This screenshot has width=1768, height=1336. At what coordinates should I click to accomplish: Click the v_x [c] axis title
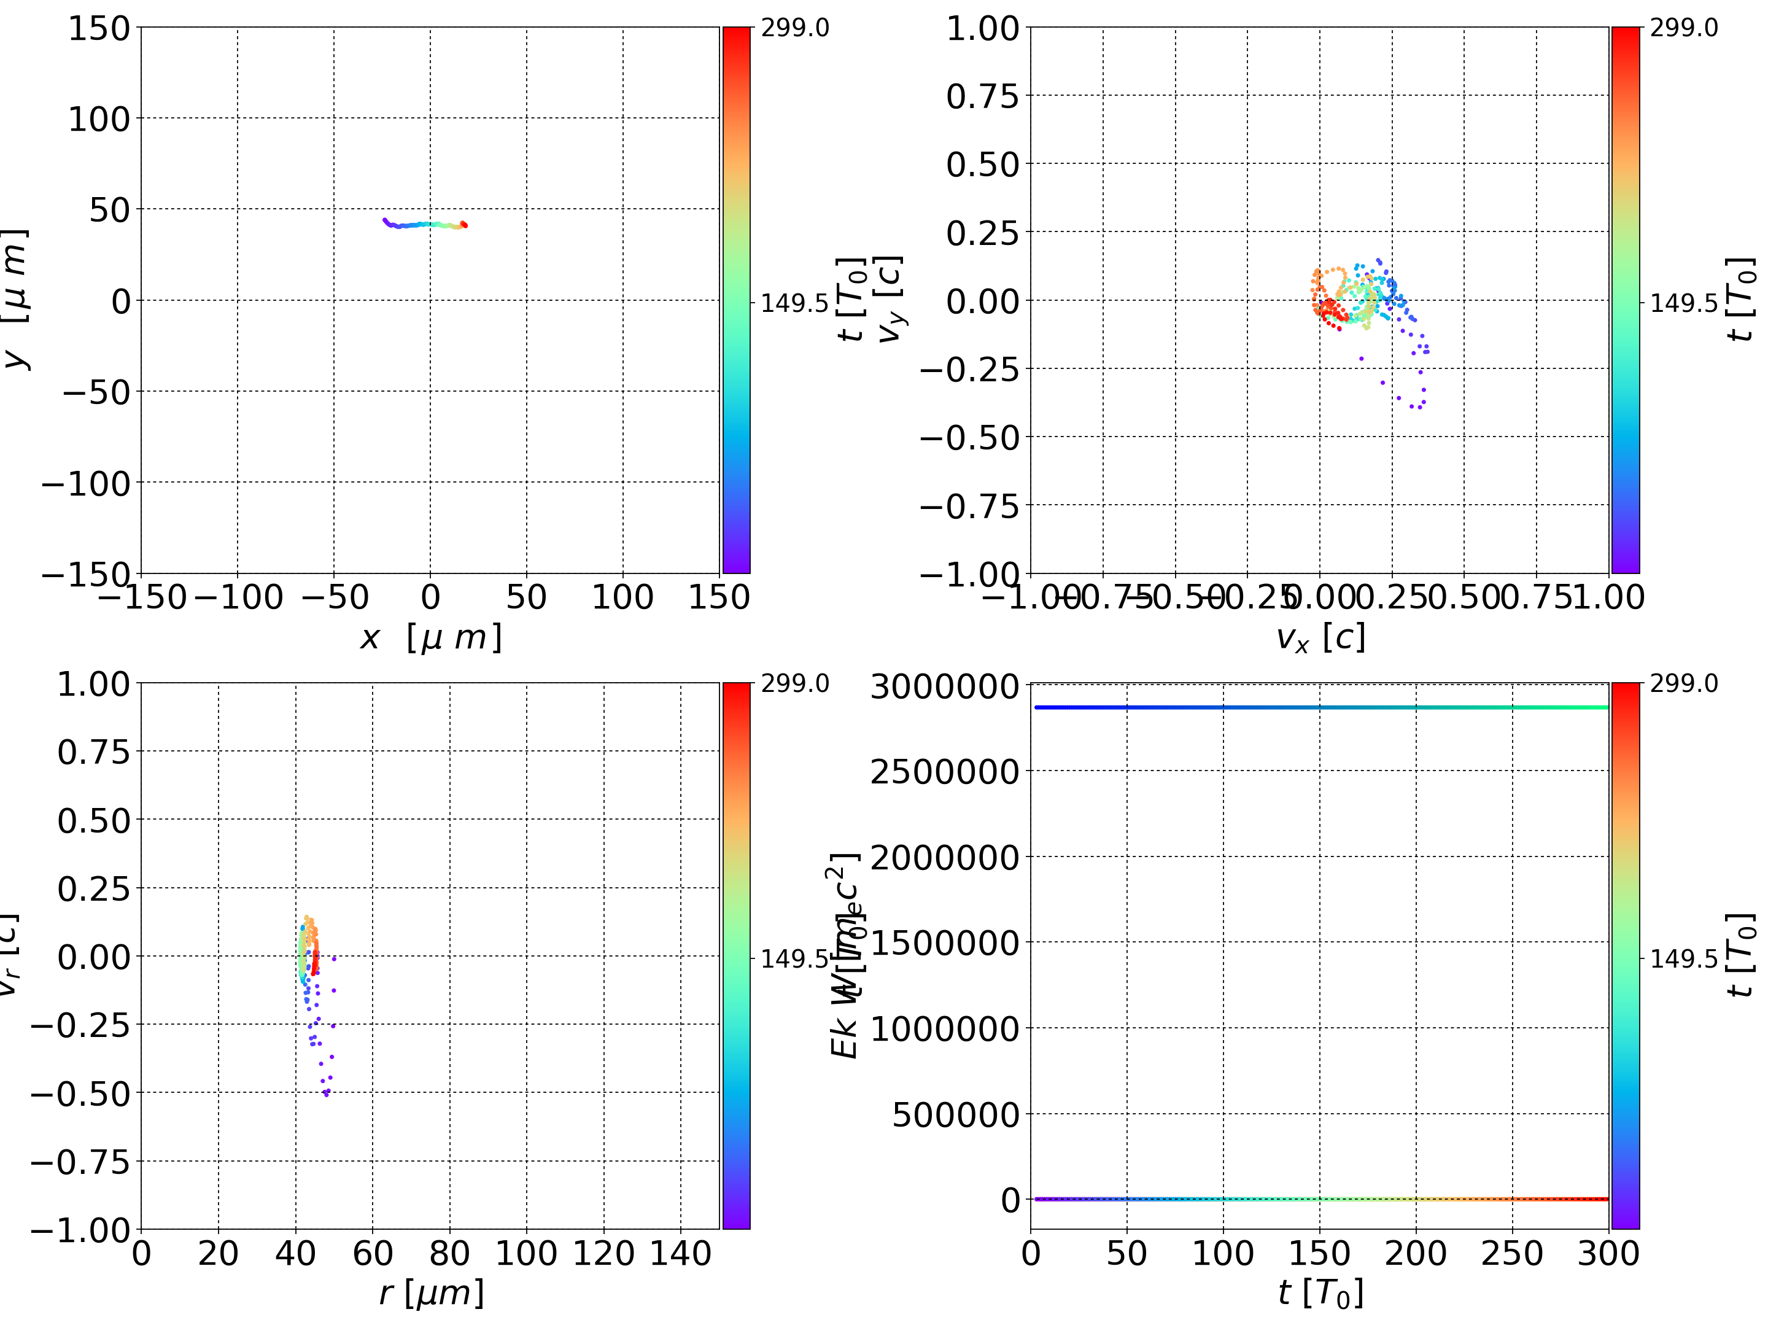point(1320,638)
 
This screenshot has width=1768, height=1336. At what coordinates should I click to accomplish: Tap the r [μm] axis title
point(431,1293)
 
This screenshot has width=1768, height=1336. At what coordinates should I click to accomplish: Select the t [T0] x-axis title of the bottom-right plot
point(1320,1293)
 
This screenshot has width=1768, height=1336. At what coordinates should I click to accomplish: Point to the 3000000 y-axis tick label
point(944,687)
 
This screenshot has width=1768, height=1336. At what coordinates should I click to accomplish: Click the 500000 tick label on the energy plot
point(955,1114)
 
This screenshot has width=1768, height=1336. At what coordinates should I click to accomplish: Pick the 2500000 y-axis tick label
point(944,772)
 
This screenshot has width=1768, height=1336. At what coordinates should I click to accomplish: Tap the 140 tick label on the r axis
point(680,1253)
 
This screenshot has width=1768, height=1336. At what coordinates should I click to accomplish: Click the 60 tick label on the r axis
point(373,1253)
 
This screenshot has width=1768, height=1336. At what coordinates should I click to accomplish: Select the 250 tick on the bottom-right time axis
point(1511,1253)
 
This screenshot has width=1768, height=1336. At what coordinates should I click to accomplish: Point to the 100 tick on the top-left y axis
point(98,119)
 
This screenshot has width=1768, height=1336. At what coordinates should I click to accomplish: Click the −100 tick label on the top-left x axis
point(238,597)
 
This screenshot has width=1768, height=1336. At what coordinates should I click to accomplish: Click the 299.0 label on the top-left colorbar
point(794,28)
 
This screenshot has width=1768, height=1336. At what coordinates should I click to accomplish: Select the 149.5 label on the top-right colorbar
point(1683,303)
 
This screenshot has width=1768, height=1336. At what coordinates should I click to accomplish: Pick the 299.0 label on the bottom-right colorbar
point(1683,683)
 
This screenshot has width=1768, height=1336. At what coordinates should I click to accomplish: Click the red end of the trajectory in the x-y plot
point(463,225)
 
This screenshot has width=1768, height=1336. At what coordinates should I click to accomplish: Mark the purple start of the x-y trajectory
point(386,220)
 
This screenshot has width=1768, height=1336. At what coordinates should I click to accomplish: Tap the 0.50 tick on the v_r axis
point(93,820)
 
